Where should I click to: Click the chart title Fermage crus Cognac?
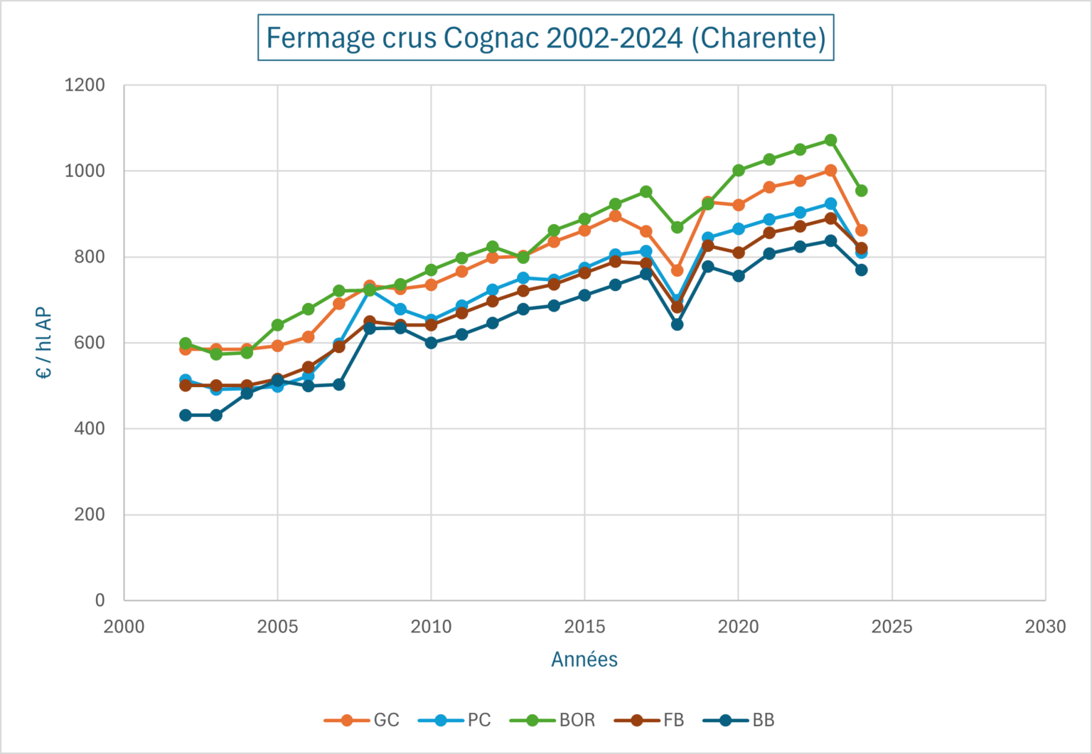click(545, 38)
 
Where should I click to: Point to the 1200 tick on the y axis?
click(85, 85)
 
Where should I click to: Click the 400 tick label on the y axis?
click(90, 429)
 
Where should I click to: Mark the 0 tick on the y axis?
click(100, 600)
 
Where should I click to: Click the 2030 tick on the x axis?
click(1045, 627)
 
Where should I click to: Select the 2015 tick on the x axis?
click(584, 627)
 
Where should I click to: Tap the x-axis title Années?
click(584, 660)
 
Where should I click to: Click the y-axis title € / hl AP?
click(44, 343)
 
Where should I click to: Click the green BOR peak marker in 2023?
click(830, 140)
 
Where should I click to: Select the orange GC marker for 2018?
click(677, 270)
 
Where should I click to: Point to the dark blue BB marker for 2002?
click(186, 415)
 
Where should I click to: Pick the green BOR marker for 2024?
click(861, 191)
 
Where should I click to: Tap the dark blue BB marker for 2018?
click(677, 324)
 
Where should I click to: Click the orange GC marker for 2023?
click(830, 171)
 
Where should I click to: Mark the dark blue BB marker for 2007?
click(339, 384)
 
